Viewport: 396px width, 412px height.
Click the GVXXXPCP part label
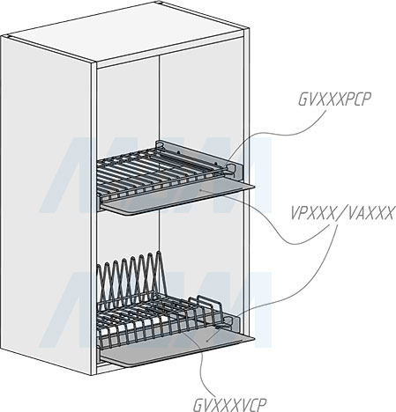334,99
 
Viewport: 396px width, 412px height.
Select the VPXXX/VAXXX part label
342,213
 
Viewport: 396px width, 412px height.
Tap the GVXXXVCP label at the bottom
229,405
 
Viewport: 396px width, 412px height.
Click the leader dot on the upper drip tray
200,190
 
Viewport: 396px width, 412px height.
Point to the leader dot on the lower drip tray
207,341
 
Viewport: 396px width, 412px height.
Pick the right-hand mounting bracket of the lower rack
233,323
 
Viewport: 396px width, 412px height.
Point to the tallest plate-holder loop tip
159,252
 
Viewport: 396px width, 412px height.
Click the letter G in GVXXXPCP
303,99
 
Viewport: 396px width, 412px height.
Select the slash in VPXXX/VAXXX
341,213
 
